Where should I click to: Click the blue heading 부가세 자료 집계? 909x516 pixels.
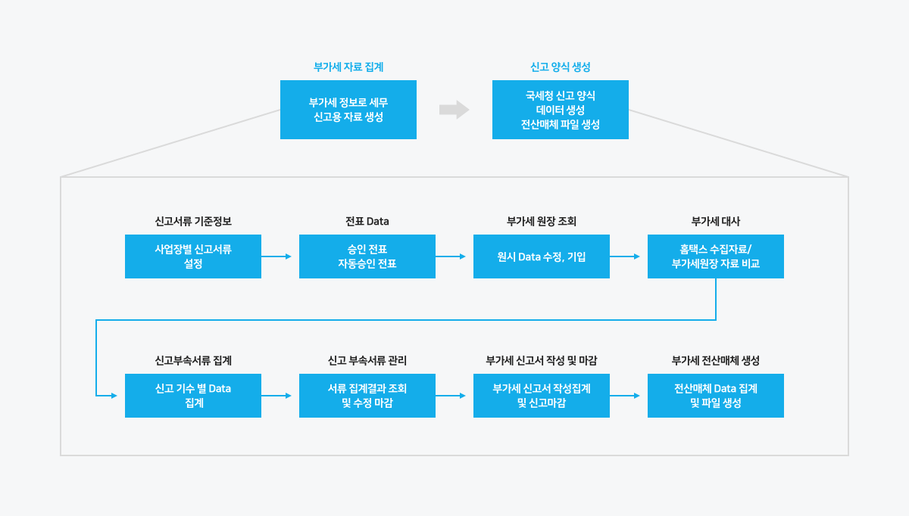coord(348,67)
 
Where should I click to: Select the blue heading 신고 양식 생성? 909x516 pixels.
coord(560,67)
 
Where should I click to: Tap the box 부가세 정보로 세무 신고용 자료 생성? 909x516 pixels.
coord(348,110)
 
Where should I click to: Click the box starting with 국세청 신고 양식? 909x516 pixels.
coord(561,110)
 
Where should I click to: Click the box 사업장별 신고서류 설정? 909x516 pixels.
coord(193,256)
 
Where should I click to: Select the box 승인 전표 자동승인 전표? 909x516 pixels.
coord(367,256)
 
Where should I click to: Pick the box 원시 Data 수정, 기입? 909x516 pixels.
coord(542,256)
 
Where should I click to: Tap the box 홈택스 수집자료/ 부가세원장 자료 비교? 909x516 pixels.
coord(716,256)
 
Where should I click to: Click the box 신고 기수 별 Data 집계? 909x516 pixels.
coord(193,396)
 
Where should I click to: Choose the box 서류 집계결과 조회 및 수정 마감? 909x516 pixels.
coord(367,396)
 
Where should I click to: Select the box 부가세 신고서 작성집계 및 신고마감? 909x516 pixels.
coord(542,396)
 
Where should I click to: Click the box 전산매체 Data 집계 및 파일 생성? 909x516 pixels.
coord(716,396)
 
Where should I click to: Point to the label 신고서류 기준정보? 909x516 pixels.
coord(193,222)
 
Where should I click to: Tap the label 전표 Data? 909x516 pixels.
coord(367,222)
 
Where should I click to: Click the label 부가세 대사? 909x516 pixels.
coord(716,222)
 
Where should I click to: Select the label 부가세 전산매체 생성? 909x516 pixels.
coord(716,361)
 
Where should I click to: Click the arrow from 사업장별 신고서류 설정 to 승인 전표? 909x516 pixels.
coord(276,256)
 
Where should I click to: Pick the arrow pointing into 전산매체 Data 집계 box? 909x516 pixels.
coord(625,396)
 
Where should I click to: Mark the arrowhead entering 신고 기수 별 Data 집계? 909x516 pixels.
coord(114,396)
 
